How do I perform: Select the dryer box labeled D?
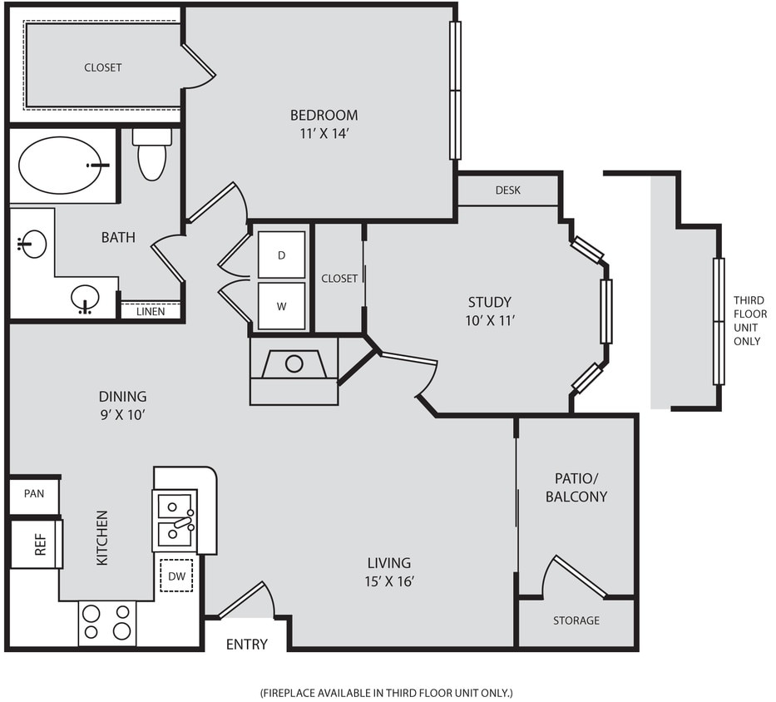pyautogui.click(x=281, y=255)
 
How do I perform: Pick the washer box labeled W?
pyautogui.click(x=281, y=305)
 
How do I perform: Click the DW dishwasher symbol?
pyautogui.click(x=176, y=576)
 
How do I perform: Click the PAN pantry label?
pyautogui.click(x=34, y=494)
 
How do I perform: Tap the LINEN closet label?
pyautogui.click(x=151, y=312)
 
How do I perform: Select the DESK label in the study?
pyautogui.click(x=507, y=190)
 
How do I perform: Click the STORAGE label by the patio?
pyautogui.click(x=576, y=620)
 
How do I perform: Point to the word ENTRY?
pyautogui.click(x=247, y=644)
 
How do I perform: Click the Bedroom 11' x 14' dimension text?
pyautogui.click(x=324, y=131)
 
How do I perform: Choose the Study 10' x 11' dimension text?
pyautogui.click(x=489, y=319)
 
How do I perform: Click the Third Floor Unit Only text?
pyautogui.click(x=748, y=320)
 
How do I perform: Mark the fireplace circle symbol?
pyautogui.click(x=294, y=363)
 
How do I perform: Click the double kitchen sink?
pyautogui.click(x=176, y=519)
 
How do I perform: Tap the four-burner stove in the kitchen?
pyautogui.click(x=107, y=622)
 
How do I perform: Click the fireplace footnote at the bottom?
pyautogui.click(x=387, y=692)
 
